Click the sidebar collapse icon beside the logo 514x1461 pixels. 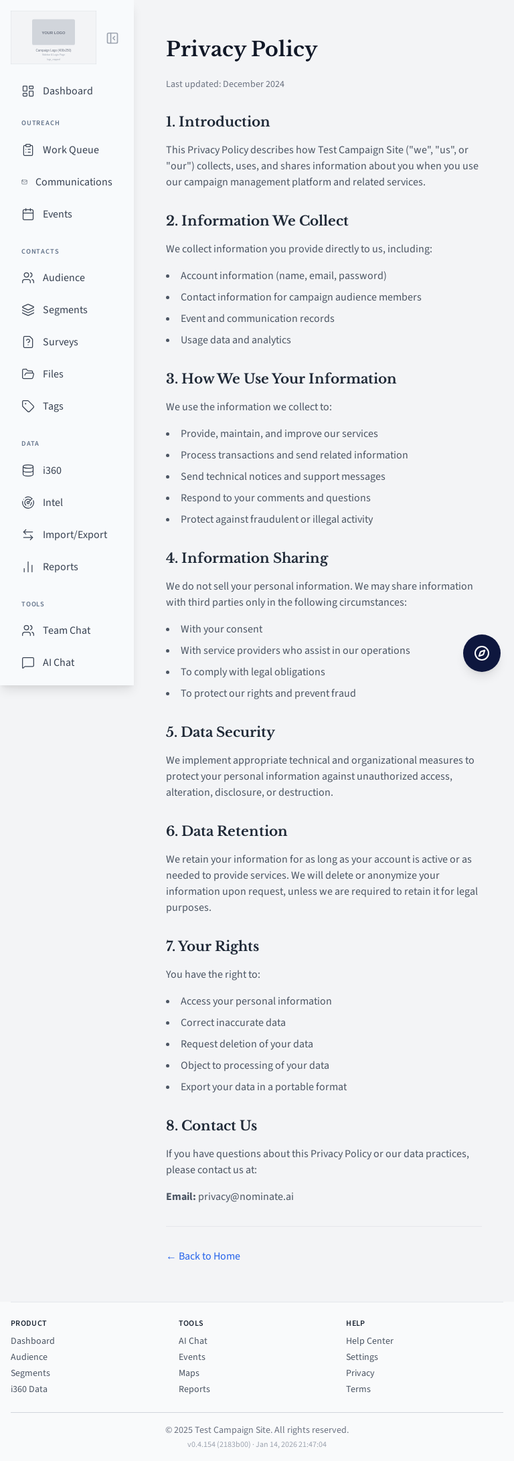click(x=112, y=38)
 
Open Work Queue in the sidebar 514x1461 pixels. click(x=70, y=150)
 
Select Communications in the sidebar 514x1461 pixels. click(x=74, y=182)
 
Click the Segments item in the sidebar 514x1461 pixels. click(x=65, y=310)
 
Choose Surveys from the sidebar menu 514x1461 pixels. click(x=60, y=342)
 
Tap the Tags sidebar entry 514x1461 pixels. click(x=53, y=406)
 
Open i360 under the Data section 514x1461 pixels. click(x=52, y=470)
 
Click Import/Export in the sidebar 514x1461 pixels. click(x=74, y=535)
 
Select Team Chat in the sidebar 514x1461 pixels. click(x=66, y=630)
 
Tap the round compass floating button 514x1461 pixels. click(x=482, y=653)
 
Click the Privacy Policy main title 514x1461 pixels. click(x=242, y=49)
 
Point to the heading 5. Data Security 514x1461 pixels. click(x=220, y=732)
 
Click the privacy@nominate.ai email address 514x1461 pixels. click(x=246, y=1197)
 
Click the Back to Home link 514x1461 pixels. click(x=203, y=1256)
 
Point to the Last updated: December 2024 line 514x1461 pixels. click(x=225, y=84)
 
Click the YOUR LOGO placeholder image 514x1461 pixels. click(x=54, y=32)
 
